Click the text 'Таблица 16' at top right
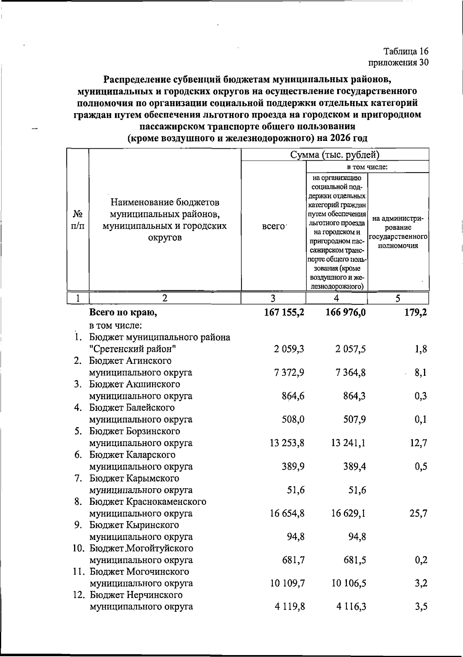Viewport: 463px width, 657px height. tap(406, 52)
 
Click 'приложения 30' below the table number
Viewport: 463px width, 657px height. tap(399, 63)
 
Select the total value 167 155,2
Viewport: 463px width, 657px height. tap(284, 312)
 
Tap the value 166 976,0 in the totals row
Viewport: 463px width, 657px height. tap(346, 312)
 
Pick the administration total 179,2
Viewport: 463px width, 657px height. tap(416, 312)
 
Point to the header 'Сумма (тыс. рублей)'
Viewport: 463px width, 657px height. tap(335, 155)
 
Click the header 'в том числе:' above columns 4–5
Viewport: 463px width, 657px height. tap(367, 167)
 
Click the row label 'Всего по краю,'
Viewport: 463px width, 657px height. tap(123, 312)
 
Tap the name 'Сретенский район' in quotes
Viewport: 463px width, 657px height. tap(133, 349)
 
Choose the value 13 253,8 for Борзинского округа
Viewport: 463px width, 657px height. tap(287, 443)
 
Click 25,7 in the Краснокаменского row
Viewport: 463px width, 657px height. tap(418, 514)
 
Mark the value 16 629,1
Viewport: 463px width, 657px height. tap(348, 514)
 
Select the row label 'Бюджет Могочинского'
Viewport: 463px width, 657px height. tap(139, 572)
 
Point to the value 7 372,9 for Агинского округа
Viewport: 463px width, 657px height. tap(289, 373)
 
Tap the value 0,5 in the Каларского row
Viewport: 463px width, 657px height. tap(421, 467)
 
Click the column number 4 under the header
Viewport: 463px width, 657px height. tap(336, 298)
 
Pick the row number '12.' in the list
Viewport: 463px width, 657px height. tap(79, 595)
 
